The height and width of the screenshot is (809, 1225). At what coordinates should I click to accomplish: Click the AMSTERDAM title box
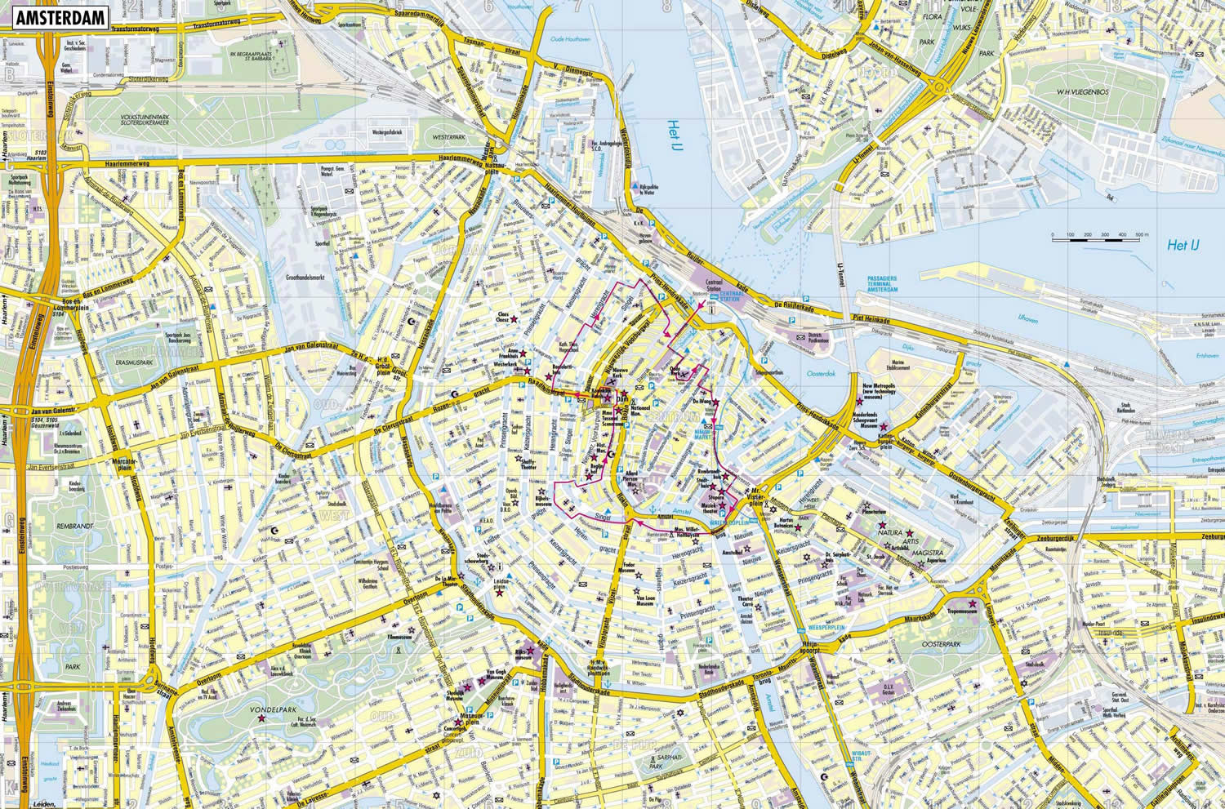[60, 18]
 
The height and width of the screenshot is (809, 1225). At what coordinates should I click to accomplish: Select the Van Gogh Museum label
[497, 674]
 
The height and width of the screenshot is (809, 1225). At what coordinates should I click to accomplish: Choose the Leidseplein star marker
[499, 593]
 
